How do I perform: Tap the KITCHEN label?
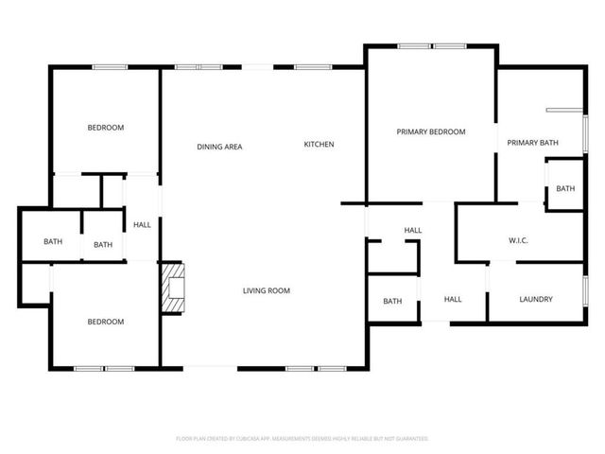(x=319, y=145)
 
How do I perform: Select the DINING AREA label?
(x=219, y=147)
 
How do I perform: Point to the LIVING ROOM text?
(x=266, y=291)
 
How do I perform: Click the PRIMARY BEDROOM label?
(x=431, y=132)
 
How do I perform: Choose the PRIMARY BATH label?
(x=532, y=143)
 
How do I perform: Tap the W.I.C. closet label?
(x=518, y=241)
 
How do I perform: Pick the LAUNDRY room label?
(x=536, y=300)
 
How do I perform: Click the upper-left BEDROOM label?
(x=106, y=128)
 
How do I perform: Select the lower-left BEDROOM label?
(x=106, y=322)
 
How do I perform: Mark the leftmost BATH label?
(x=53, y=242)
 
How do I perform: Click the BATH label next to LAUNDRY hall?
(x=392, y=302)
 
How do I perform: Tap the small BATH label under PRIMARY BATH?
(x=565, y=189)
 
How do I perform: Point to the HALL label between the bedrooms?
(x=142, y=225)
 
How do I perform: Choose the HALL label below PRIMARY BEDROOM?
(x=413, y=231)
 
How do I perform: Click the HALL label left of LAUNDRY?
(x=453, y=300)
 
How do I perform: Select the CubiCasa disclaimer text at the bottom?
(x=302, y=439)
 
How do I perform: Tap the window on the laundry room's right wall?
(x=585, y=291)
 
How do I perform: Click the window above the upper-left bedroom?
(x=110, y=66)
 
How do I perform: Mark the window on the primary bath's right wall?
(x=585, y=132)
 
